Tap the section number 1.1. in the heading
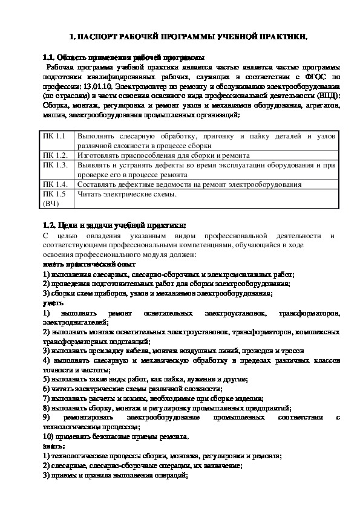point(51,58)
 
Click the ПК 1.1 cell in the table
point(53,137)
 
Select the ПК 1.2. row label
point(54,155)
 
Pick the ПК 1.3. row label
point(54,164)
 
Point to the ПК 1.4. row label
point(54,184)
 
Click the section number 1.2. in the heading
point(51,225)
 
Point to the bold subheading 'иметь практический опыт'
point(89,264)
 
